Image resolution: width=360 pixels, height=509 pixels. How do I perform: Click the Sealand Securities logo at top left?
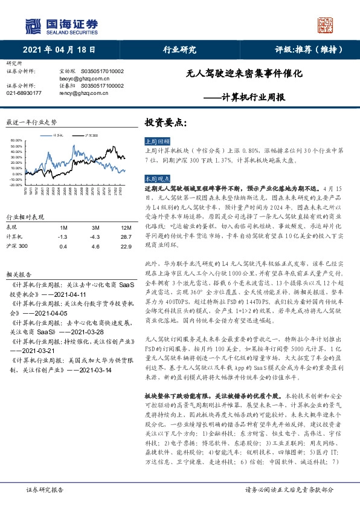[61, 25]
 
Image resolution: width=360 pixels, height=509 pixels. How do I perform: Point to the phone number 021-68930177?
[24, 93]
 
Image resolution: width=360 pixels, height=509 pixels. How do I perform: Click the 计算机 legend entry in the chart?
[59, 135]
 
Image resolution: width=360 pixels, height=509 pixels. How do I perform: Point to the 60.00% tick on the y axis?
[17, 140]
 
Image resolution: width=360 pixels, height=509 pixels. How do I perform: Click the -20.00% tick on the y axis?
[16, 185]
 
